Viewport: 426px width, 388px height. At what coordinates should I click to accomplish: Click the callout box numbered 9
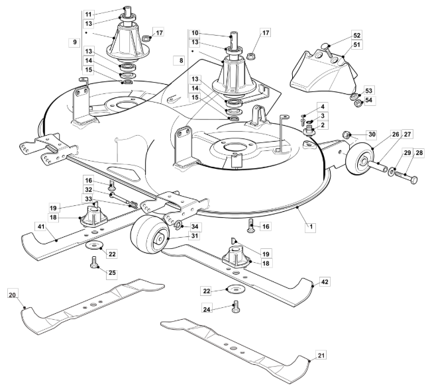75,42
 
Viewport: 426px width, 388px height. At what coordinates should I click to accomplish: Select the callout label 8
182,60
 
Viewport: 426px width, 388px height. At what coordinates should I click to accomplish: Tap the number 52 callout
356,35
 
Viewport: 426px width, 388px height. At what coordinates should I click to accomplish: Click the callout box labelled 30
372,134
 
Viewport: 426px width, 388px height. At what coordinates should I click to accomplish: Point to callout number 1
311,226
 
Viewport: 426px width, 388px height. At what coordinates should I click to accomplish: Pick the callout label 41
41,226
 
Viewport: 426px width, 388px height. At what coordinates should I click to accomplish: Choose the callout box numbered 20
13,295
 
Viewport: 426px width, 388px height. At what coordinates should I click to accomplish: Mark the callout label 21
321,355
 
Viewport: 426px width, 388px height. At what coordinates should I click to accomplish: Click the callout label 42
325,282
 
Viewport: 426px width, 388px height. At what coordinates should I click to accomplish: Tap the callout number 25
112,273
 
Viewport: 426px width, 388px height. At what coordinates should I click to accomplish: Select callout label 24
207,309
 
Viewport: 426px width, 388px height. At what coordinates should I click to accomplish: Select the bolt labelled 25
93,262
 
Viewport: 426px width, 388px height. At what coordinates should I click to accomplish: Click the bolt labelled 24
236,307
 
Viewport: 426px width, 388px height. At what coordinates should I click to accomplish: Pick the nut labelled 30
346,134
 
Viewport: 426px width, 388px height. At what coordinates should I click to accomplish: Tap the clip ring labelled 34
178,225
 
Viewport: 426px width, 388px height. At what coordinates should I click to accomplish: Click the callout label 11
89,14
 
